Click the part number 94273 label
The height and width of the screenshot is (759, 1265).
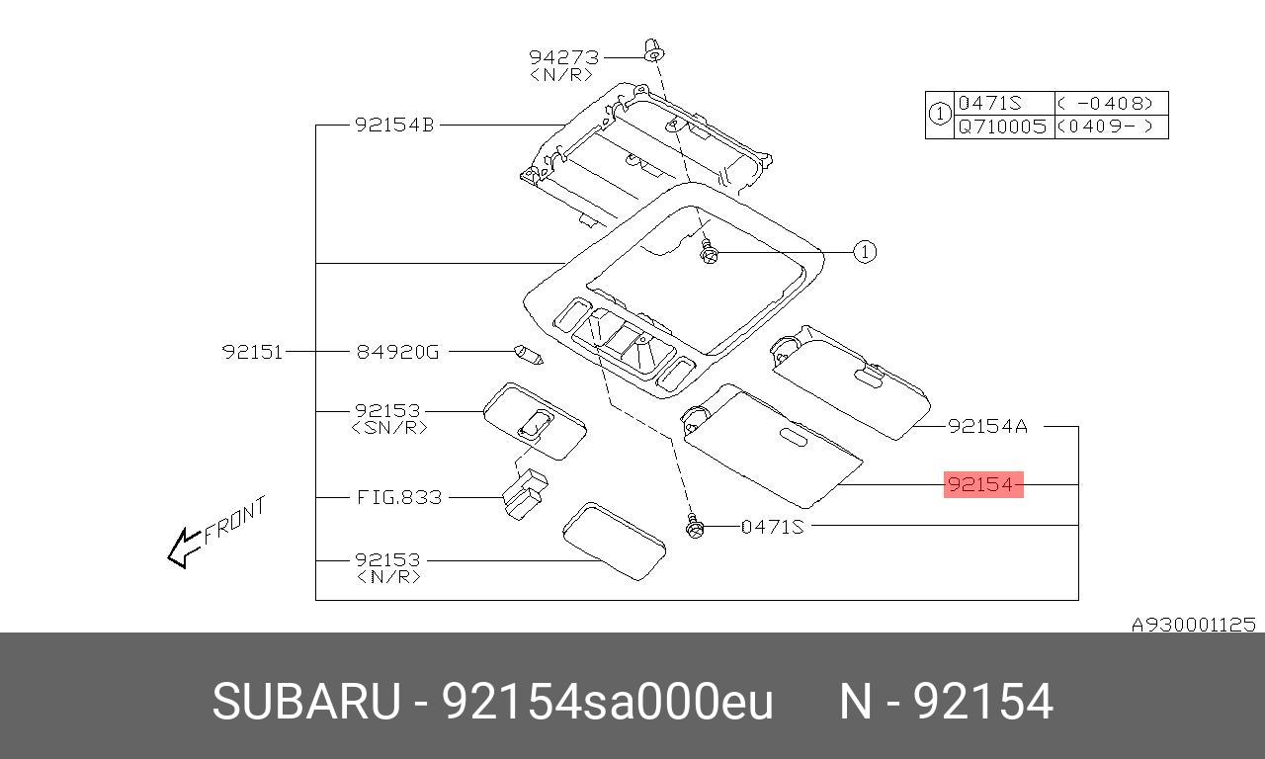pos(563,57)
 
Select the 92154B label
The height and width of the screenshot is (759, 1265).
pos(394,126)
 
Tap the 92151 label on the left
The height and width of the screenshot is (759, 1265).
pos(252,351)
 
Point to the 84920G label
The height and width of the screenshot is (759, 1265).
pos(396,351)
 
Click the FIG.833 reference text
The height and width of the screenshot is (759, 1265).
pos(398,497)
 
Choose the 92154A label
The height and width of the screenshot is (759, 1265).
pos(987,426)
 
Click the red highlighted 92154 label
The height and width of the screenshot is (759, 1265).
pos(982,484)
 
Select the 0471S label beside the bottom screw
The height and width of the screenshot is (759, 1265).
pos(773,527)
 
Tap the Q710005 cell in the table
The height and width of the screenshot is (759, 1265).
pos(1002,126)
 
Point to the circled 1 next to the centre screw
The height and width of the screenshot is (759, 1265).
pos(865,252)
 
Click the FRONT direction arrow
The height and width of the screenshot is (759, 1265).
pos(186,546)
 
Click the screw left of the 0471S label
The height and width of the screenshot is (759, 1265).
pos(696,527)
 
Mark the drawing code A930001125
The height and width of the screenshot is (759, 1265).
pos(1193,625)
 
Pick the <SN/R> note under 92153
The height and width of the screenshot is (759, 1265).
pos(389,427)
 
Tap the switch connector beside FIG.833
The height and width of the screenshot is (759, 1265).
pos(524,491)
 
